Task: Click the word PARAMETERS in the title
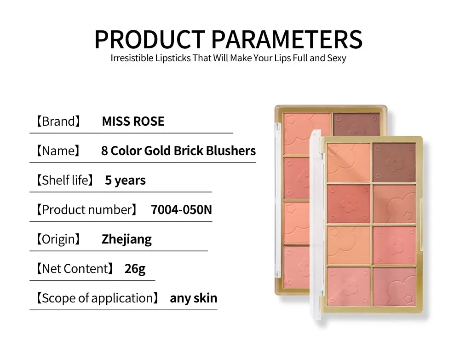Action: (x=287, y=39)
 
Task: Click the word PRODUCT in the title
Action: (x=149, y=39)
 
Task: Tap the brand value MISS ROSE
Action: (x=133, y=121)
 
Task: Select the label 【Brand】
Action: (x=58, y=121)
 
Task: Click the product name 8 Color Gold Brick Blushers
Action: (x=178, y=151)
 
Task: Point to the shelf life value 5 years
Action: (x=125, y=180)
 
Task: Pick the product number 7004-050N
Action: (x=181, y=209)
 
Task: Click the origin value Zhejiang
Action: (x=126, y=239)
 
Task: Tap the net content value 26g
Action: (x=135, y=269)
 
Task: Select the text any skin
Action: (x=194, y=298)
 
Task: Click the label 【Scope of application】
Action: (x=98, y=298)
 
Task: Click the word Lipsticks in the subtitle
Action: (x=173, y=58)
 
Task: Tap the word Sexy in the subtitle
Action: (x=337, y=58)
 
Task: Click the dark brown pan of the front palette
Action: (x=394, y=163)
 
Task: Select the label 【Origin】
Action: (x=58, y=239)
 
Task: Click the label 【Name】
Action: (x=58, y=151)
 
